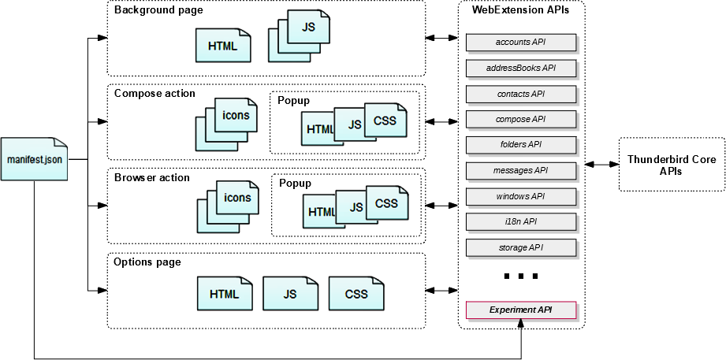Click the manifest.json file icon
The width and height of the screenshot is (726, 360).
tap(34, 158)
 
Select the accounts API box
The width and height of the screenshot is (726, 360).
tap(520, 42)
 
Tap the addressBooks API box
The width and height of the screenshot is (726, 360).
tap(520, 68)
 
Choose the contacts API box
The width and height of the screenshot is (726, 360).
tap(520, 94)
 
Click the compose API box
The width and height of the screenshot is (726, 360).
tap(520, 119)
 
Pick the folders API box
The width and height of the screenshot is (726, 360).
tap(520, 145)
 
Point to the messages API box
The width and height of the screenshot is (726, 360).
tap(520, 170)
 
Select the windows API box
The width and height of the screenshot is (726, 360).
tap(520, 196)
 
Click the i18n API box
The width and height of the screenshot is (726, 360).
tap(520, 221)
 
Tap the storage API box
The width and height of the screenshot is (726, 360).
tap(520, 247)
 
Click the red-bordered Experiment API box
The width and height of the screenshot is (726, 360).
tap(520, 310)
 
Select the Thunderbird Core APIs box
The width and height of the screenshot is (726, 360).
tap(672, 165)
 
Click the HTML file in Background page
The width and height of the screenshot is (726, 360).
tap(223, 46)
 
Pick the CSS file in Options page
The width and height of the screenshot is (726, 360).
tap(356, 294)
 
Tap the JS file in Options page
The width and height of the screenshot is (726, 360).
tap(290, 294)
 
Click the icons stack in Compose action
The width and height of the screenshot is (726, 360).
tap(229, 121)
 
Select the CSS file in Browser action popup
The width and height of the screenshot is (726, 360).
tap(386, 204)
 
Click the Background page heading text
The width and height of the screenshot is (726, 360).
tap(158, 10)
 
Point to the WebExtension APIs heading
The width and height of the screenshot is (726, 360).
tap(521, 10)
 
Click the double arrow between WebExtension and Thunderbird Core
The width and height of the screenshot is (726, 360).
tap(601, 164)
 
